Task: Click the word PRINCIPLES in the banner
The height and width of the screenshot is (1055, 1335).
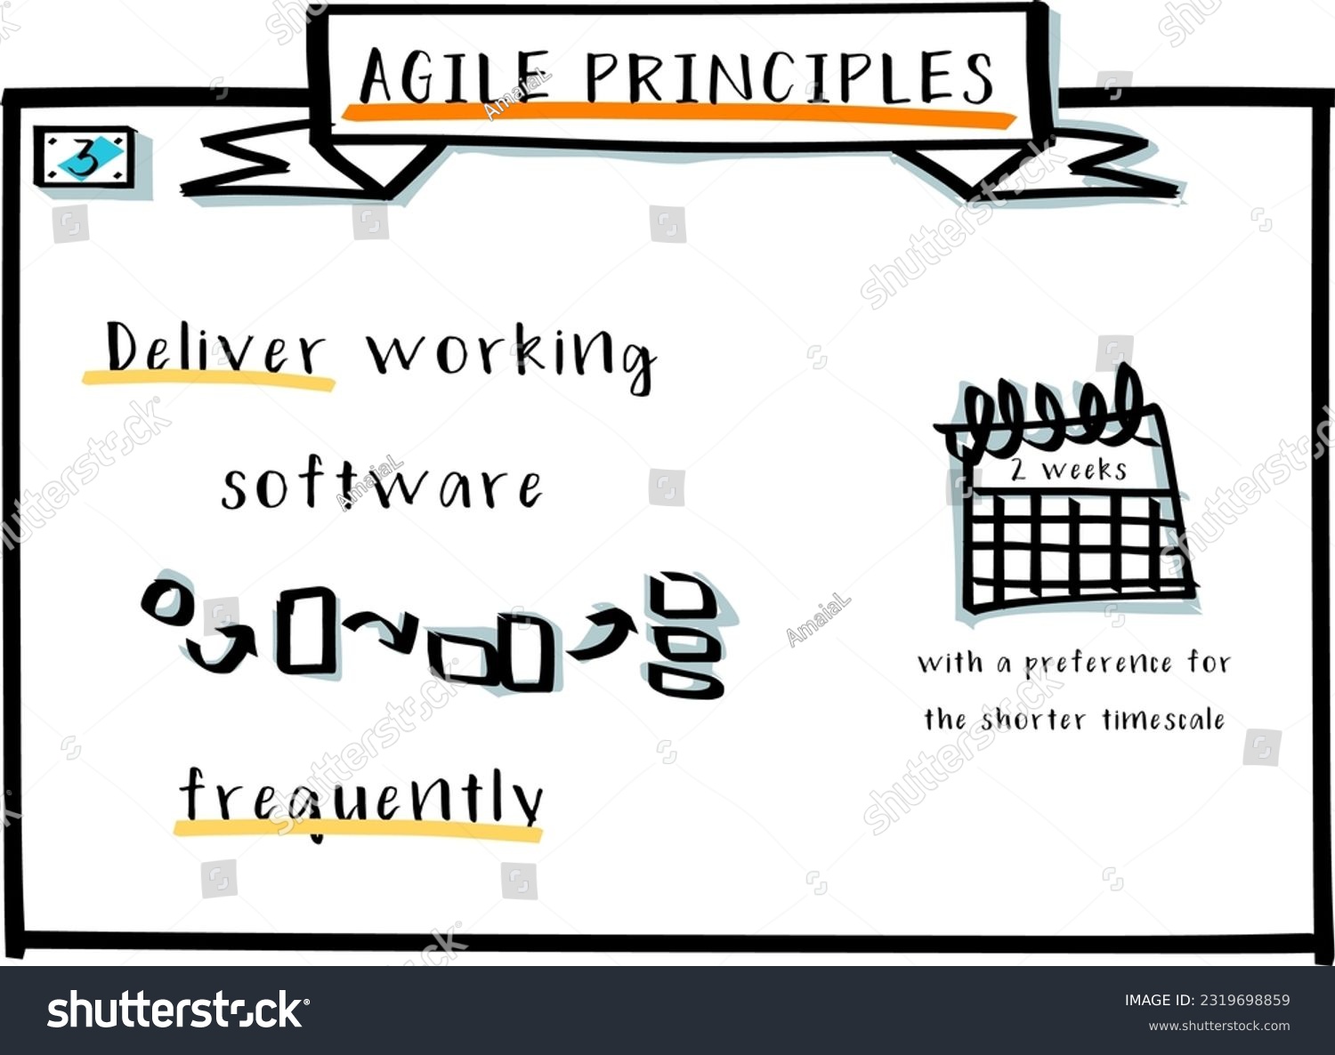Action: point(789,77)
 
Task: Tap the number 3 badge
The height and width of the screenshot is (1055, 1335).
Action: point(85,158)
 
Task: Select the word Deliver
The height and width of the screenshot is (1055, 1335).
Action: point(214,350)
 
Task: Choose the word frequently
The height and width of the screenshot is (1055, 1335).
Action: point(360,796)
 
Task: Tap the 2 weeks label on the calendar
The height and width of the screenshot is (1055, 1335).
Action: point(1068,470)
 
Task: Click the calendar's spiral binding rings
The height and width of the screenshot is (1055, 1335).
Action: point(1050,409)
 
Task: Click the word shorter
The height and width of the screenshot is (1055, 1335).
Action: point(1033,719)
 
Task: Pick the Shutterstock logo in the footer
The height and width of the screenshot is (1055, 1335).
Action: point(178,1011)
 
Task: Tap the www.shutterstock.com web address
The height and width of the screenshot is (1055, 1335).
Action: point(1218,1026)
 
